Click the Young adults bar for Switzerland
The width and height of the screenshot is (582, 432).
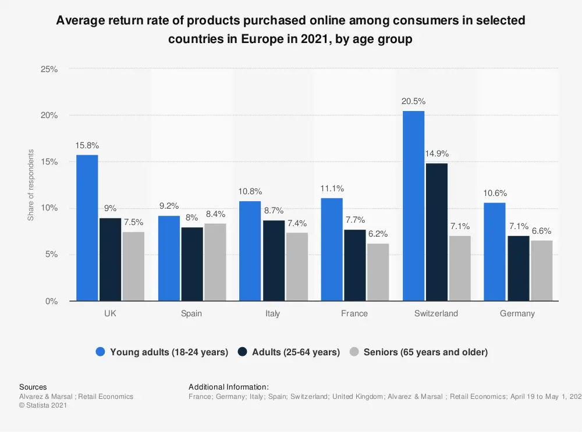pos(413,206)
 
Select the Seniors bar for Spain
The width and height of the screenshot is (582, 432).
pos(215,262)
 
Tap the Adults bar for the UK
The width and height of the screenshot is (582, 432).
pos(111,259)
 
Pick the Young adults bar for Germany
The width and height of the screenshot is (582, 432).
pos(495,252)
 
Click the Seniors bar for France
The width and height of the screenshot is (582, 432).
pos(378,272)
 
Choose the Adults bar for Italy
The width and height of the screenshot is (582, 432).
pos(274,260)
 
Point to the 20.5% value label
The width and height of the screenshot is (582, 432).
pos(413,101)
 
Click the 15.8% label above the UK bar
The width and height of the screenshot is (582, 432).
pos(87,145)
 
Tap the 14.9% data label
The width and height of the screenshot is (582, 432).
pos(436,153)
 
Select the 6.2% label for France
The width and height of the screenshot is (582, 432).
pos(378,234)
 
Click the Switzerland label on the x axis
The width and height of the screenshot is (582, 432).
pos(436,313)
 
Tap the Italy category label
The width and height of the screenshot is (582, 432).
pos(272,313)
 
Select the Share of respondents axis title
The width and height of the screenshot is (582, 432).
pos(31,185)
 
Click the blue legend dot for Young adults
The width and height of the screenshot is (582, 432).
pos(100,352)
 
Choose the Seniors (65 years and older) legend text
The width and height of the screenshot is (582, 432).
pos(425,352)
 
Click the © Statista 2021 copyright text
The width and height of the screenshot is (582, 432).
pos(43,405)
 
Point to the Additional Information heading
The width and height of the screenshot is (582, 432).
pos(229,387)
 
